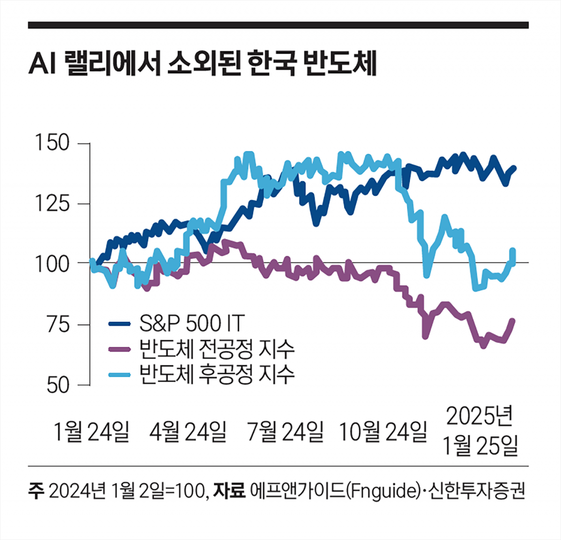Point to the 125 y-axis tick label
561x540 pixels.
point(52,204)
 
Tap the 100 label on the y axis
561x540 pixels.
point(52,264)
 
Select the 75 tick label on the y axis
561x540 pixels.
point(58,325)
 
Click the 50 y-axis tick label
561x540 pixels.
point(58,385)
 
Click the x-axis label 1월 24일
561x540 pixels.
point(91,432)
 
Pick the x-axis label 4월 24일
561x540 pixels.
point(188,432)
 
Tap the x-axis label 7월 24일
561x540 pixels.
point(285,432)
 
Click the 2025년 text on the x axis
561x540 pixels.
point(480,416)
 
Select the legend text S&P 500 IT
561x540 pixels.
point(192,323)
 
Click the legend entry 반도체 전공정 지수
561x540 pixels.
point(217,348)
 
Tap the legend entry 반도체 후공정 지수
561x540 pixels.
point(217,374)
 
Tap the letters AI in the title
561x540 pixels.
point(42,65)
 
